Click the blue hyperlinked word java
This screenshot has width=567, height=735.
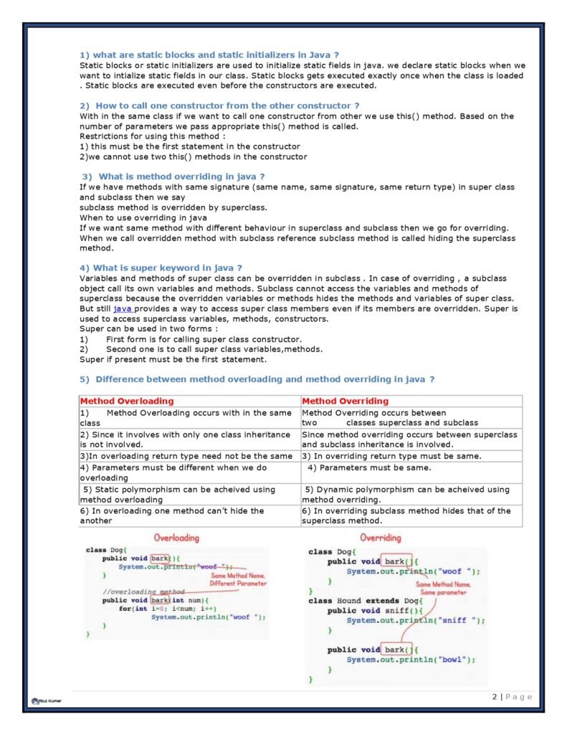(123, 309)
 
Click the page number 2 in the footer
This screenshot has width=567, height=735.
(495, 697)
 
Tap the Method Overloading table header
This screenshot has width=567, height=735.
(127, 401)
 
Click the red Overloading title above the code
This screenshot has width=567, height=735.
(176, 538)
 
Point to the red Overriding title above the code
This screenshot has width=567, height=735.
(381, 538)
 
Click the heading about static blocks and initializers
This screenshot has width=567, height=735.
(209, 55)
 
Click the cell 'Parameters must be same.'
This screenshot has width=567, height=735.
(369, 468)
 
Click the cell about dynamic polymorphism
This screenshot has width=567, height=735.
(406, 495)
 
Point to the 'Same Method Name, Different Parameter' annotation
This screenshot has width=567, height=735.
(238, 580)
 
